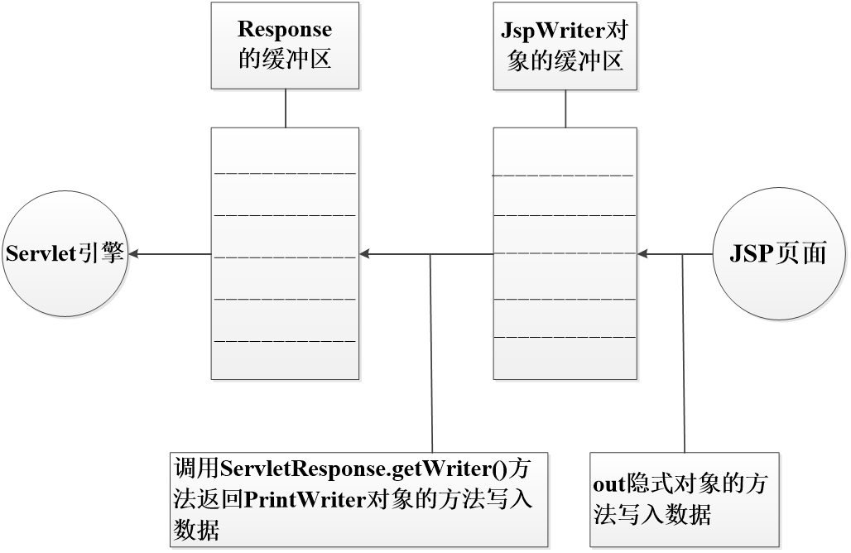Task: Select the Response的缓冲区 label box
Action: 285,46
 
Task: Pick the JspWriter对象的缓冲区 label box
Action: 565,46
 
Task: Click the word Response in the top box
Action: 285,30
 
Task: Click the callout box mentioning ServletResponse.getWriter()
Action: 359,498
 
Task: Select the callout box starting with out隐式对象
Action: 684,499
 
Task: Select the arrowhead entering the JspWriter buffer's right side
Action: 644,254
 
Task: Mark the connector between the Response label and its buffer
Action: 285,108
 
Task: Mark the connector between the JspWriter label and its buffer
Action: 565,108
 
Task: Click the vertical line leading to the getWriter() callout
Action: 430,356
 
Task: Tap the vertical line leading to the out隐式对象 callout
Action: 683,356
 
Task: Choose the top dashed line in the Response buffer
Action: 285,173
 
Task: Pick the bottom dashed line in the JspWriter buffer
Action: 565,337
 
